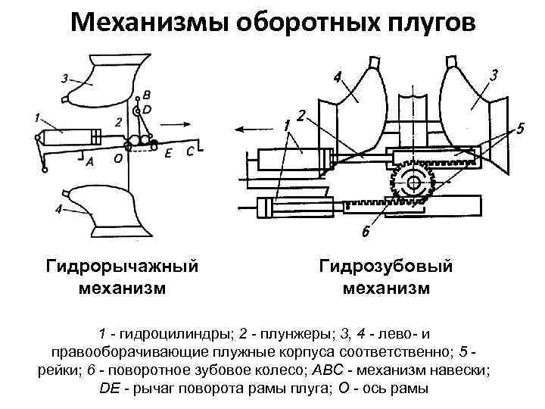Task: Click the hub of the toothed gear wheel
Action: (x=412, y=182)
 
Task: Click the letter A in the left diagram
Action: (x=89, y=161)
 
